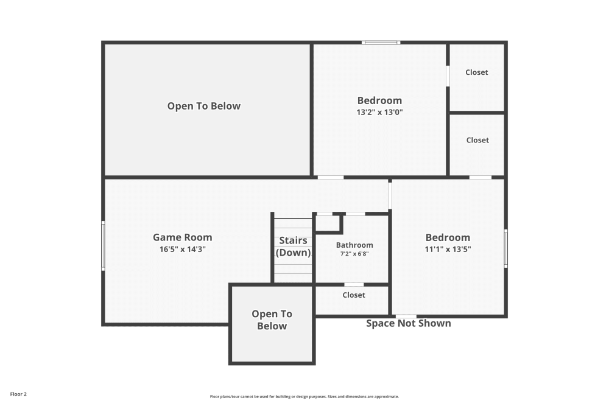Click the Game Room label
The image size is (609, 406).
(182, 237)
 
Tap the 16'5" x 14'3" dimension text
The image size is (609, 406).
(182, 249)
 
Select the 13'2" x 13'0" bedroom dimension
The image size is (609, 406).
(379, 112)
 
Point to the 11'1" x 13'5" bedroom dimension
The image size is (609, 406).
(448, 249)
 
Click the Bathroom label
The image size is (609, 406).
(354, 245)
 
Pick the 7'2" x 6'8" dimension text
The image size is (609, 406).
(354, 254)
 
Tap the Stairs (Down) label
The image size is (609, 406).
(294, 247)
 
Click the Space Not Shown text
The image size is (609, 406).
(408, 323)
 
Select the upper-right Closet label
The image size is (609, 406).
(476, 72)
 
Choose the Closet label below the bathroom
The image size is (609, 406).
(354, 295)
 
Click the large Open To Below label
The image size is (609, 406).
(204, 106)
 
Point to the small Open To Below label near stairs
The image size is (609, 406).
(272, 320)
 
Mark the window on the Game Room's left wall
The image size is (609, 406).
(103, 246)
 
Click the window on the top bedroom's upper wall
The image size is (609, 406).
(381, 42)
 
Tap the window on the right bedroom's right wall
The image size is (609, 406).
(505, 248)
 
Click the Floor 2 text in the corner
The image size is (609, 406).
(18, 394)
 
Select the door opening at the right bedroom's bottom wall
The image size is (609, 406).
(406, 316)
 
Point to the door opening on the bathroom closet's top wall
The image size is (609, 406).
(354, 284)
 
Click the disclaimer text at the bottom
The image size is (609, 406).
(304, 396)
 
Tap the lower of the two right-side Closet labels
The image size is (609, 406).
(477, 140)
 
